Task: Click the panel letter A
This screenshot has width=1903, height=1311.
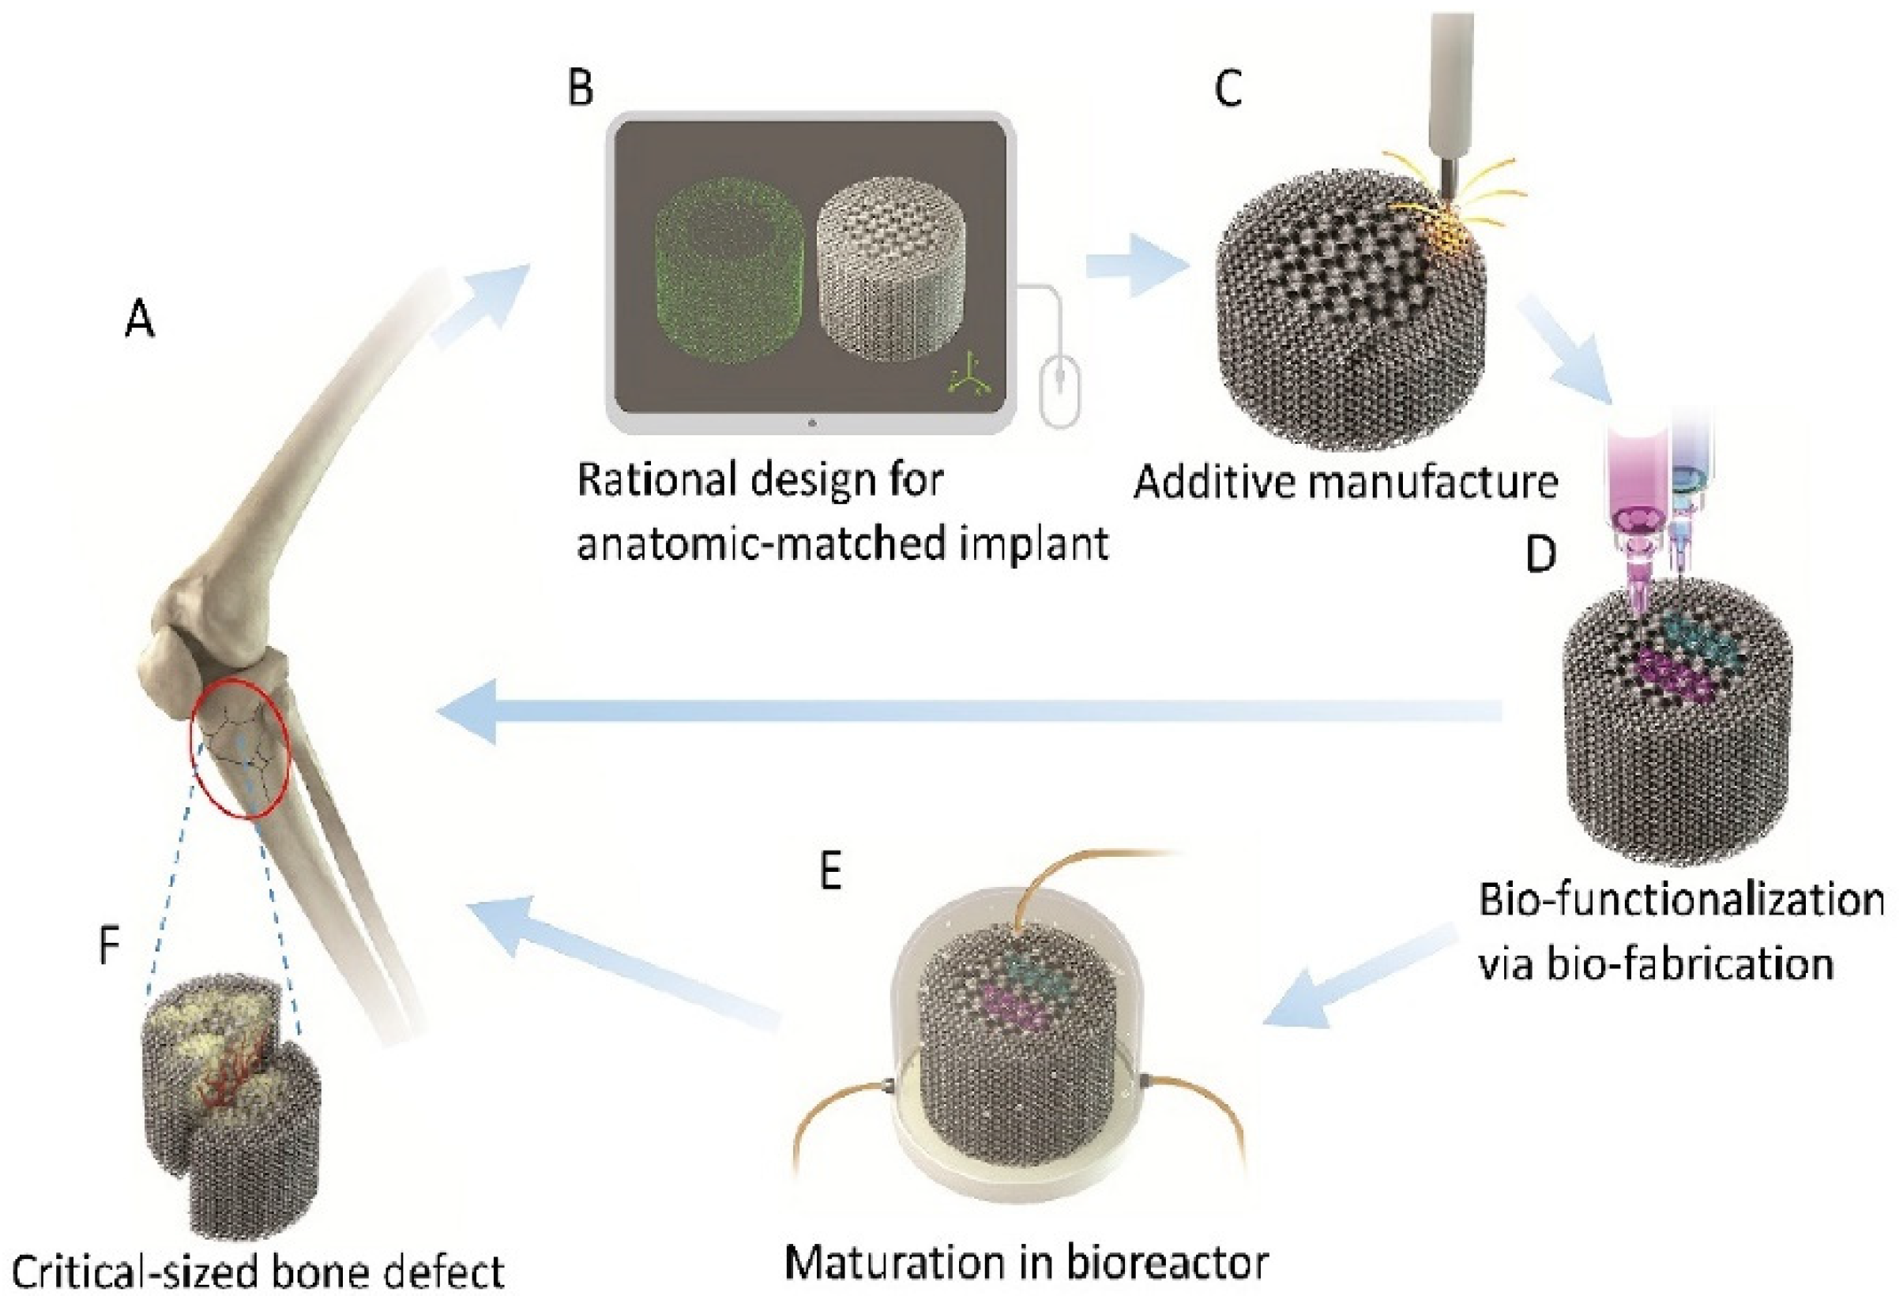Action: (x=140, y=320)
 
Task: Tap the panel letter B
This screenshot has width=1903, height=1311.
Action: (x=581, y=88)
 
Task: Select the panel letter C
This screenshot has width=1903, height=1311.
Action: (x=1228, y=88)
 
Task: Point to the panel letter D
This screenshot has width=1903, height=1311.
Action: (x=1540, y=554)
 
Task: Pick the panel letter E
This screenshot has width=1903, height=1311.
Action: (x=831, y=872)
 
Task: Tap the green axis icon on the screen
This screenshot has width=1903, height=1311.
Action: (x=970, y=378)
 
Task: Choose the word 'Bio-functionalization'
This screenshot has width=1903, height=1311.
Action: (x=1681, y=901)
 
